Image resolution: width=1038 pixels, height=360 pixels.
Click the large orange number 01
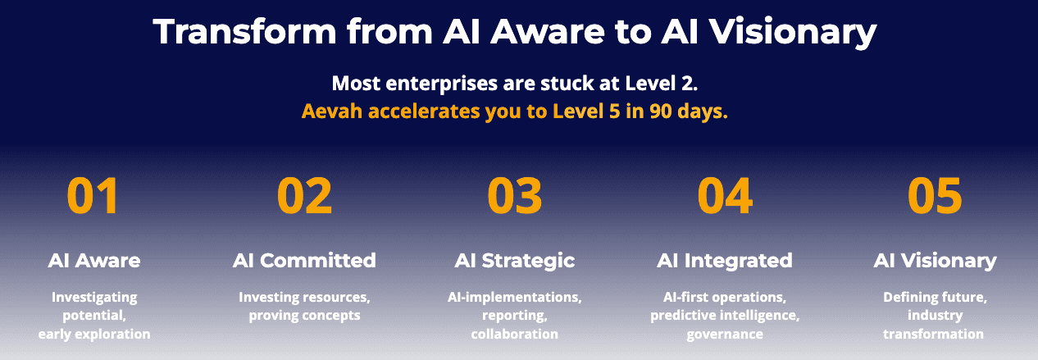click(93, 196)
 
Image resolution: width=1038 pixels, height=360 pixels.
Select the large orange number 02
click(304, 196)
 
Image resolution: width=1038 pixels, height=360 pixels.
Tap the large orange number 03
click(515, 196)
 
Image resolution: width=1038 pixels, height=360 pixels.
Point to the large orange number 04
click(725, 196)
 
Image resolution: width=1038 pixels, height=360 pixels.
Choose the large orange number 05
click(935, 196)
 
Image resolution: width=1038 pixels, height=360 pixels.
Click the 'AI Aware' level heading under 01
click(93, 261)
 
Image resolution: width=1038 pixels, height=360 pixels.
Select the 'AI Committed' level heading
click(304, 261)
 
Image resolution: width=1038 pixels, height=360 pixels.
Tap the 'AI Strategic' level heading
click(515, 261)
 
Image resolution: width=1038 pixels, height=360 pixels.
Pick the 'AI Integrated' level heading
click(725, 261)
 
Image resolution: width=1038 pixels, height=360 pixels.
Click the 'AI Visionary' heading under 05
click(935, 261)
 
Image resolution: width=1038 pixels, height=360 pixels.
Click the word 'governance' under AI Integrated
click(725, 334)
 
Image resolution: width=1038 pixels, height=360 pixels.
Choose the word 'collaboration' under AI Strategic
click(515, 334)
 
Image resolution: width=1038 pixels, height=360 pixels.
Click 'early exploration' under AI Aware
click(93, 334)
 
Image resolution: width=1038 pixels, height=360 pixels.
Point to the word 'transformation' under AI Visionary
click(935, 334)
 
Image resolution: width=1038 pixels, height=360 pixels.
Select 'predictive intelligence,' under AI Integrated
click(725, 316)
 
